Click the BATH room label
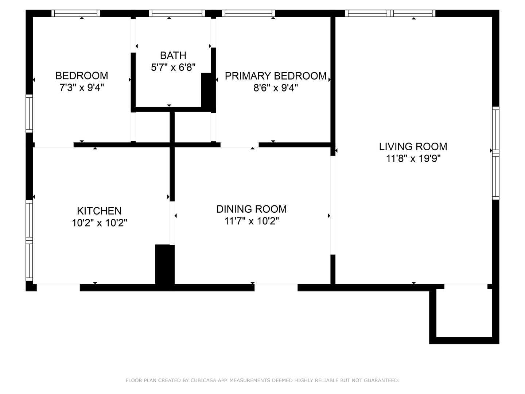pyautogui.click(x=173, y=55)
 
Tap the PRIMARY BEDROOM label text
pyautogui.click(x=276, y=76)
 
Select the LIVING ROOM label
pyautogui.click(x=413, y=147)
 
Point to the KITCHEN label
pyautogui.click(x=99, y=211)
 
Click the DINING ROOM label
pyautogui.click(x=251, y=209)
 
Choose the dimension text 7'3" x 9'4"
pyautogui.click(x=82, y=88)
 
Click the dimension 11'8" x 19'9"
pyautogui.click(x=413, y=158)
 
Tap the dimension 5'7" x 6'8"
pyautogui.click(x=173, y=67)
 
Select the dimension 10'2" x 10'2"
pyautogui.click(x=100, y=223)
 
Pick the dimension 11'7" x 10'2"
pyautogui.click(x=252, y=221)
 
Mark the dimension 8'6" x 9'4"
pyautogui.click(x=276, y=88)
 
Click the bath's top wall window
pyautogui.click(x=177, y=13)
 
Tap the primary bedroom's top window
pyautogui.click(x=249, y=13)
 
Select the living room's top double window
pyautogui.click(x=390, y=13)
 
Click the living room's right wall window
pyautogui.click(x=495, y=153)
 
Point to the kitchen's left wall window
pyautogui.click(x=29, y=241)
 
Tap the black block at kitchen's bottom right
pyautogui.click(x=165, y=264)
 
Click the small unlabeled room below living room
pyautogui.click(x=464, y=313)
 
